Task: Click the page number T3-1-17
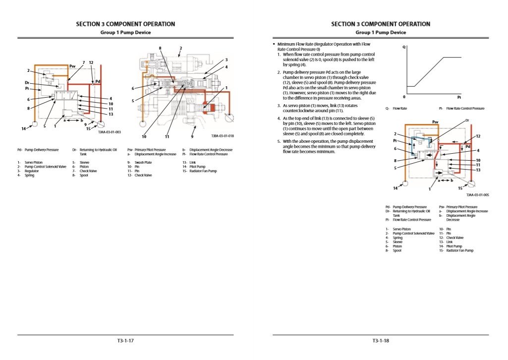[125, 341]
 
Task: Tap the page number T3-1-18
[381, 341]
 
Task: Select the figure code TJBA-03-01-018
[222, 135]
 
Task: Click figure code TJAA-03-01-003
[109, 132]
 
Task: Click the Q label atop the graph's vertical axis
[405, 48]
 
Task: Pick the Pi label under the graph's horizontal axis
[458, 97]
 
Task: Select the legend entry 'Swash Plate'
[144, 162]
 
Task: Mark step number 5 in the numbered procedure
[279, 141]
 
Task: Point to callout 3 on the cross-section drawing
[226, 60]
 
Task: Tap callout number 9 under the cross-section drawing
[192, 136]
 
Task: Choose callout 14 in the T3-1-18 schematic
[395, 188]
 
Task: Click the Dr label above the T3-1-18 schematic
[467, 120]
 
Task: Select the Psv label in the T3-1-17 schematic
[72, 65]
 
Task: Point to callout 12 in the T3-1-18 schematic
[478, 136]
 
